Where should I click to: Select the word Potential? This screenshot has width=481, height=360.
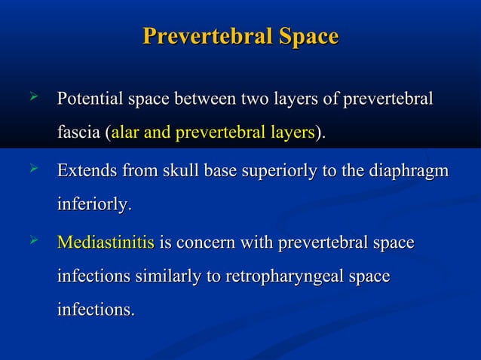coord(90,99)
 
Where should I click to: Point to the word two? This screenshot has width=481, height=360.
coord(257,99)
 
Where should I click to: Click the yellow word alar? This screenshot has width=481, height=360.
coord(124,133)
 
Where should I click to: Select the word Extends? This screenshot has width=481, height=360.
coord(85,171)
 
